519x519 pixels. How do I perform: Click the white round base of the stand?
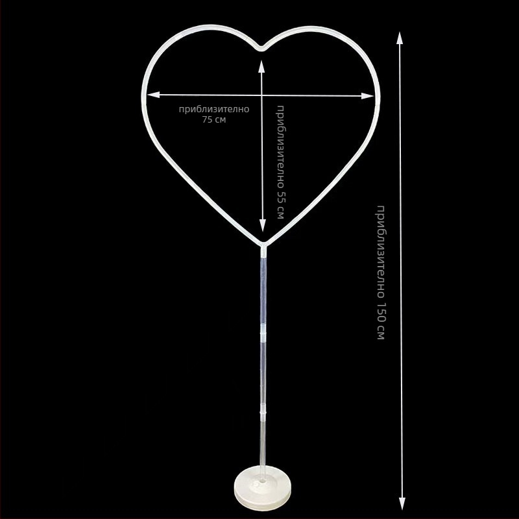(x=263, y=487)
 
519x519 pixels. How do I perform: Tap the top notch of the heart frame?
(x=261, y=47)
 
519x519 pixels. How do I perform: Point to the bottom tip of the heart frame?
(x=263, y=245)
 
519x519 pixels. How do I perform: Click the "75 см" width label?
(x=214, y=119)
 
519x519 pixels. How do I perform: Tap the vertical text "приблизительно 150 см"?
(x=381, y=272)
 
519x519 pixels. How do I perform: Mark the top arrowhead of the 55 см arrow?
(x=262, y=66)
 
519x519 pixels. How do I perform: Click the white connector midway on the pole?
(x=263, y=337)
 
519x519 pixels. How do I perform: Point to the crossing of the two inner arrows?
(x=262, y=95)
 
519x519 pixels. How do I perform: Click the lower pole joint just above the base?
(x=263, y=411)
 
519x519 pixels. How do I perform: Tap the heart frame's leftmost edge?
(x=143, y=97)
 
